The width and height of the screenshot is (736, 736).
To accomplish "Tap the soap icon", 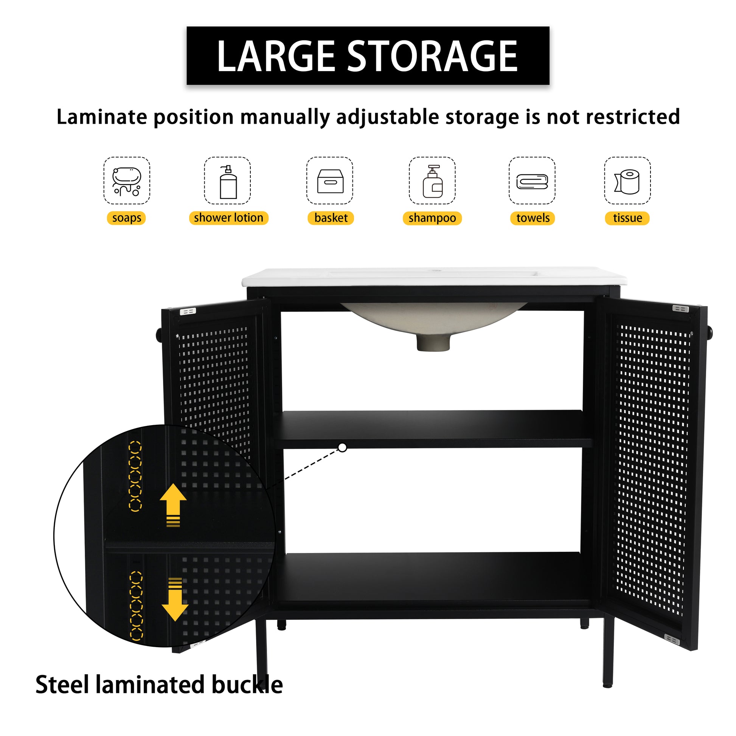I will (x=127, y=181).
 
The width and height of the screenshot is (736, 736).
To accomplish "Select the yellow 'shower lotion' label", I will (x=228, y=218).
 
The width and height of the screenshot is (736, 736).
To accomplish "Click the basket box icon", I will (x=330, y=181).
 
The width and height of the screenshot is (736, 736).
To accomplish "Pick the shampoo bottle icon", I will (x=432, y=181).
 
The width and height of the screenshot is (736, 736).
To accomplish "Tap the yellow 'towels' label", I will (x=533, y=218).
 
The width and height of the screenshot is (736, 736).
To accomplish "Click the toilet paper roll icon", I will (x=627, y=182).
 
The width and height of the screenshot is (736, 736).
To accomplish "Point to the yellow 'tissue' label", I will (x=627, y=218).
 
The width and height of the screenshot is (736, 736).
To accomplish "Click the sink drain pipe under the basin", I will (x=433, y=342).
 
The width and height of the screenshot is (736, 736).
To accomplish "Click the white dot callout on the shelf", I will (x=343, y=448).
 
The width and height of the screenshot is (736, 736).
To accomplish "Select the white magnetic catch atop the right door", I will (x=680, y=308).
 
